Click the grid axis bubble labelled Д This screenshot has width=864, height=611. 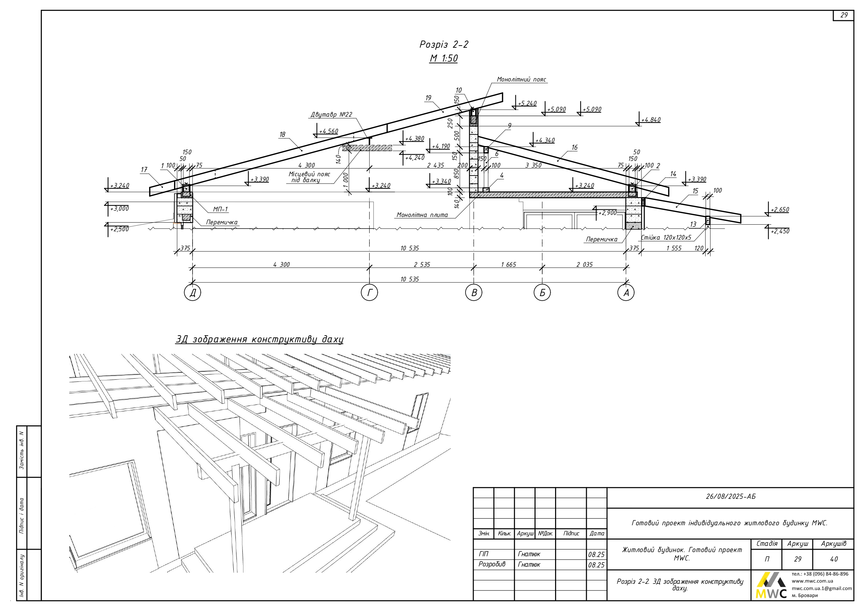(x=192, y=293)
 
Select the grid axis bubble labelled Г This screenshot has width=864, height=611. (x=369, y=293)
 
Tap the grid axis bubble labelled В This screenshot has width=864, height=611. (x=474, y=293)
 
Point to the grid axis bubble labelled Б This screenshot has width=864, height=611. (x=542, y=293)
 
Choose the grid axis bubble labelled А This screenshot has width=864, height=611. (x=626, y=293)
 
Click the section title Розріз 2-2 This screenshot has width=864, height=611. (x=444, y=45)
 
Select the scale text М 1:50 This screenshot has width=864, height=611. (x=444, y=59)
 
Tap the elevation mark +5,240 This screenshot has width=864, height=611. (x=527, y=103)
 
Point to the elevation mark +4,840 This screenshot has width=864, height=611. (x=651, y=120)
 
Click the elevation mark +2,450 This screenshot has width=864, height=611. (x=780, y=231)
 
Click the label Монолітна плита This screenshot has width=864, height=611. (x=422, y=215)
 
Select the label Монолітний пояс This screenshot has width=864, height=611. (x=521, y=79)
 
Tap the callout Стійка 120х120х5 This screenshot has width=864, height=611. (x=666, y=238)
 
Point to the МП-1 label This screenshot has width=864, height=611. (x=220, y=209)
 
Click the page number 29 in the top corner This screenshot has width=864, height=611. (x=844, y=15)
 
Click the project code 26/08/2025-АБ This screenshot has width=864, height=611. (x=730, y=496)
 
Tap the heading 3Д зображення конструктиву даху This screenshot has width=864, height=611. (x=259, y=339)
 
